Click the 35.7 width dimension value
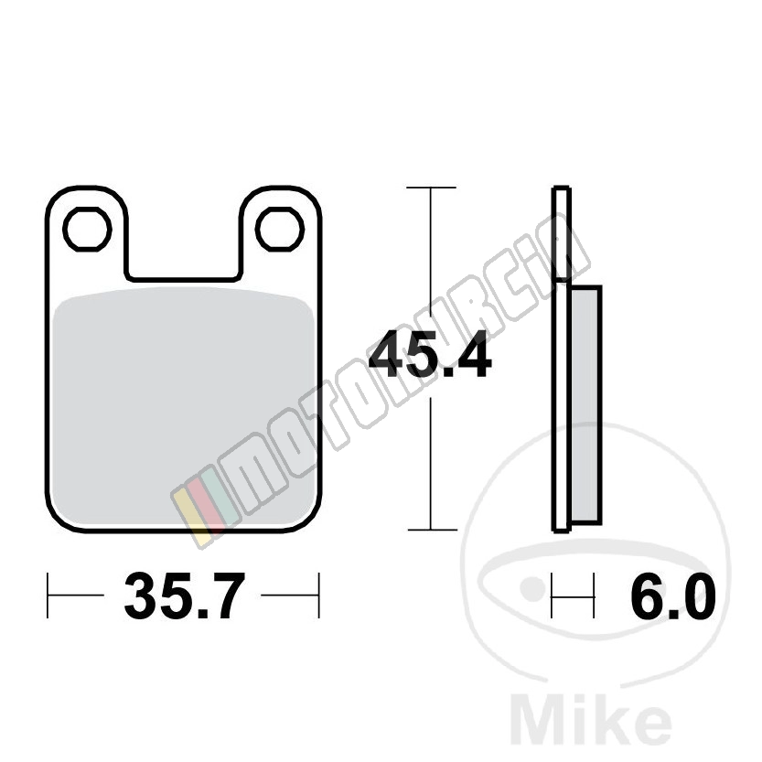point(183,595)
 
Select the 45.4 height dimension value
point(430,353)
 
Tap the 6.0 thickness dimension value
point(673,595)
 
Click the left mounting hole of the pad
point(88,230)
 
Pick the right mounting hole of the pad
point(280,230)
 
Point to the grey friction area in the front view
point(183,407)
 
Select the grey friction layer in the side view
point(586,405)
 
